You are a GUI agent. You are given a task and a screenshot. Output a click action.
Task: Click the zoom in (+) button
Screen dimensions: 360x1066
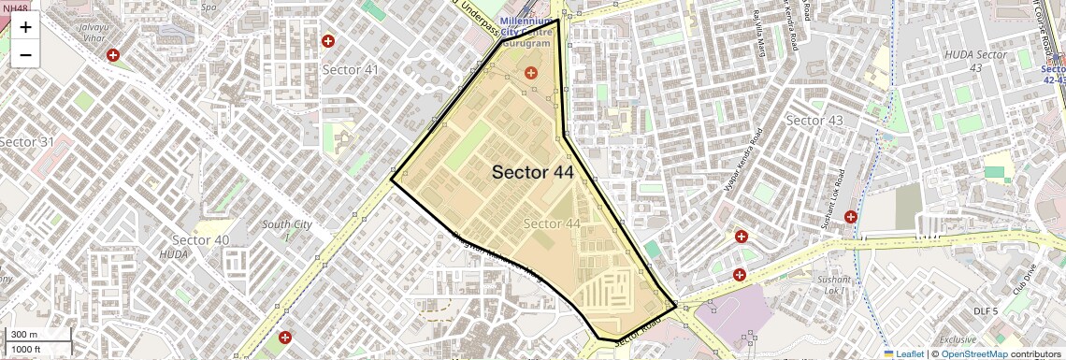click(x=25, y=27)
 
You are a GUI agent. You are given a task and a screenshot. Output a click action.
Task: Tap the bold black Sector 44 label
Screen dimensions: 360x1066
click(x=532, y=172)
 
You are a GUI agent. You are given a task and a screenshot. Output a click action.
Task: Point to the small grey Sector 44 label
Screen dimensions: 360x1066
click(x=552, y=223)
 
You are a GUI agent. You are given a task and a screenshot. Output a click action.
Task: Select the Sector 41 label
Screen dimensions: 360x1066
click(x=351, y=70)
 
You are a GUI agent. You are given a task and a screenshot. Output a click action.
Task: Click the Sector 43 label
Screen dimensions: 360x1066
click(x=814, y=121)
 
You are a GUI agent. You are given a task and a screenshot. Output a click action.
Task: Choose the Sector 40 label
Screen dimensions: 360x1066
click(x=201, y=240)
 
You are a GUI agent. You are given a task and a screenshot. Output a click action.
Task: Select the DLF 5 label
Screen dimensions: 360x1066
click(x=987, y=310)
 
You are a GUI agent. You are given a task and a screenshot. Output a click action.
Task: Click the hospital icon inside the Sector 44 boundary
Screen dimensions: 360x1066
click(x=531, y=72)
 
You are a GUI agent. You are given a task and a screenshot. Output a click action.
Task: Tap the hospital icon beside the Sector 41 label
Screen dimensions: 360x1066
click(x=328, y=41)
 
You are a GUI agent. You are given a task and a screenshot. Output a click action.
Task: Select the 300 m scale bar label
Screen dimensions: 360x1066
click(x=25, y=335)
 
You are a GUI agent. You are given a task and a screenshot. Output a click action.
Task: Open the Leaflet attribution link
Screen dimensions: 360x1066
click(x=903, y=353)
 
